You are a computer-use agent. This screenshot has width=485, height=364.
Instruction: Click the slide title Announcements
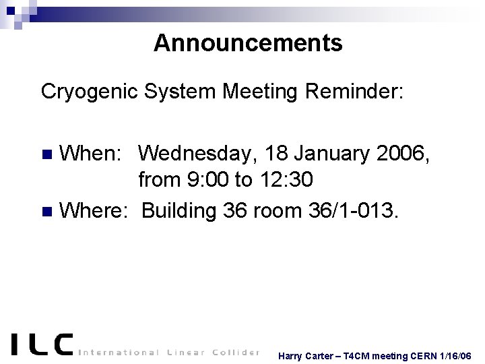coord(248,43)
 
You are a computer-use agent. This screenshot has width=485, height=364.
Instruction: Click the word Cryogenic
coord(90,91)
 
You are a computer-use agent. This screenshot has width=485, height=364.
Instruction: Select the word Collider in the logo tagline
coord(232,352)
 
